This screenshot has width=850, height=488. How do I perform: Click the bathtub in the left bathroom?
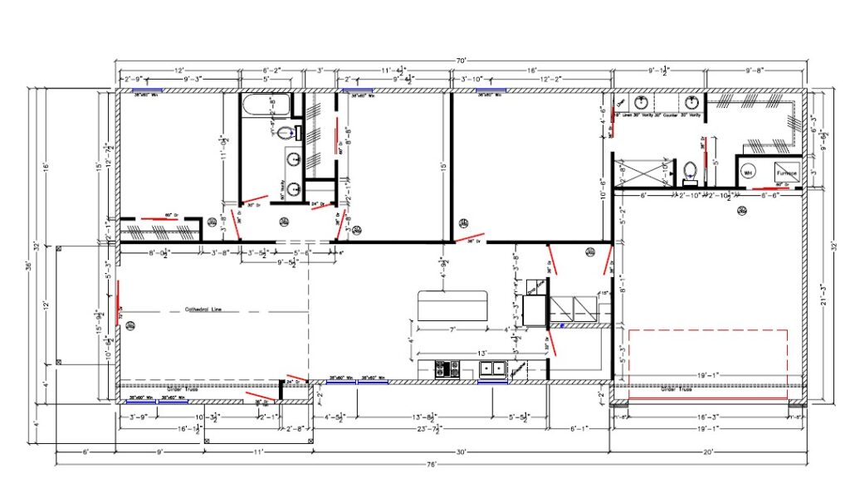tap(265, 105)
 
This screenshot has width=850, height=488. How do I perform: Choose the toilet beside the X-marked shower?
tap(689, 173)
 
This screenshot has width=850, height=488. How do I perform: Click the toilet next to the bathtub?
tap(285, 133)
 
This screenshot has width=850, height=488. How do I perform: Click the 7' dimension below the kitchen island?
tap(454, 330)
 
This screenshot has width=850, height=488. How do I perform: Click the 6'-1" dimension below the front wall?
tap(579, 429)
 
